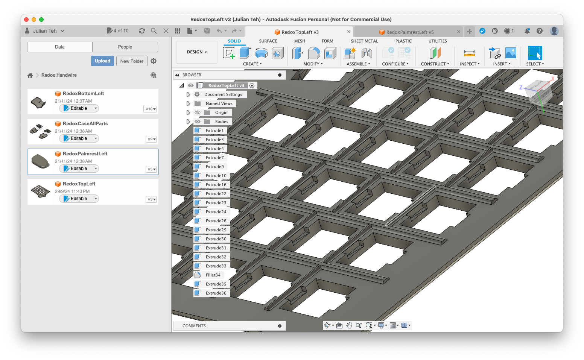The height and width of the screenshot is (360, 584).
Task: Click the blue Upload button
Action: tap(102, 61)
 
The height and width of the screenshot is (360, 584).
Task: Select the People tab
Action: tap(125, 47)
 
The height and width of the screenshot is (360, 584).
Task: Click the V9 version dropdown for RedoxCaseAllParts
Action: tap(151, 139)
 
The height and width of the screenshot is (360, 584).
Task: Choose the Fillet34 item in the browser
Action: tap(213, 275)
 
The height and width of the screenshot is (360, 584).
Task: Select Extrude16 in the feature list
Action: tap(216, 185)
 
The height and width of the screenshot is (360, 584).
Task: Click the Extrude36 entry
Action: tap(216, 293)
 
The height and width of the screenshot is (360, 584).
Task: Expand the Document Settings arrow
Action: tap(188, 94)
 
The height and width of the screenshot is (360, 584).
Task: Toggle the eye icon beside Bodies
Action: tap(198, 122)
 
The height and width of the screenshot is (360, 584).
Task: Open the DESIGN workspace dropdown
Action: tap(197, 52)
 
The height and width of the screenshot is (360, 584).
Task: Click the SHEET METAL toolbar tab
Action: tap(364, 41)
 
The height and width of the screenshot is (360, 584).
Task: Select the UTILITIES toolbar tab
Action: tap(438, 41)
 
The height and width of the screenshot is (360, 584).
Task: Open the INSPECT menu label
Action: tap(470, 64)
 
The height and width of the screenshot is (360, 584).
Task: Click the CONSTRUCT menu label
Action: tap(435, 64)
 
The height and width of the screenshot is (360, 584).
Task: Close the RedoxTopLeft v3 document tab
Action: tap(349, 32)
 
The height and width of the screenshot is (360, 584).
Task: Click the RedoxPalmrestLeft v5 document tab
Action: tap(410, 32)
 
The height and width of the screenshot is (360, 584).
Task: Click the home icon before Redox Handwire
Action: tap(30, 75)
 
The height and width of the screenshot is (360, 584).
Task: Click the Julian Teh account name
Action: tap(45, 31)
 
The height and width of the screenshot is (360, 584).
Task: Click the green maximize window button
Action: tap(41, 20)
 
